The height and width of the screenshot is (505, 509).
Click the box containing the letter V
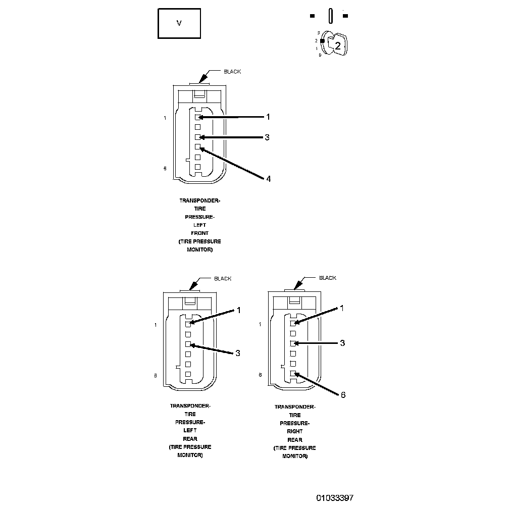coord(179,23)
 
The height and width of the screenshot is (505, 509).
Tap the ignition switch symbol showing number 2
coord(336,44)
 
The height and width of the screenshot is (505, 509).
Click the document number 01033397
coord(335,498)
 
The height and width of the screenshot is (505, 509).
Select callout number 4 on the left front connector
coord(268,179)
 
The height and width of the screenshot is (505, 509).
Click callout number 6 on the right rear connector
coord(343,395)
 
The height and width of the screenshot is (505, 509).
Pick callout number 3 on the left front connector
coord(268,137)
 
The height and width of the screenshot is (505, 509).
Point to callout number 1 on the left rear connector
coord(238,310)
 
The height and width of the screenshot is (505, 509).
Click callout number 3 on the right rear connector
coord(342,343)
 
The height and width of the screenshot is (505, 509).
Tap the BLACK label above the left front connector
coord(232,72)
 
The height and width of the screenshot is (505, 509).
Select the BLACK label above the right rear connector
coord(327,278)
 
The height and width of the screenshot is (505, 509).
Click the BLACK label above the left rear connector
coord(223,278)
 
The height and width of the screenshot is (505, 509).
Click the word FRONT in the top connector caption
coord(200,233)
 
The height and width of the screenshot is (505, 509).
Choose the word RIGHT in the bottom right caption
coord(295,431)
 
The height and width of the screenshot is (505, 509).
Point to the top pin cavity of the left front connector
coord(198,117)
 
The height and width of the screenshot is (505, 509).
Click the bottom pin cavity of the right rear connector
coord(293,374)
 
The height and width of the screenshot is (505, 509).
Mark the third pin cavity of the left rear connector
coord(188,344)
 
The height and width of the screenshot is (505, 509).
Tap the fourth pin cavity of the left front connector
coord(198,147)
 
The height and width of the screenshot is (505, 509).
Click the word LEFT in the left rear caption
coord(190,431)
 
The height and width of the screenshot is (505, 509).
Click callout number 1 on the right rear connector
coord(342,308)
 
